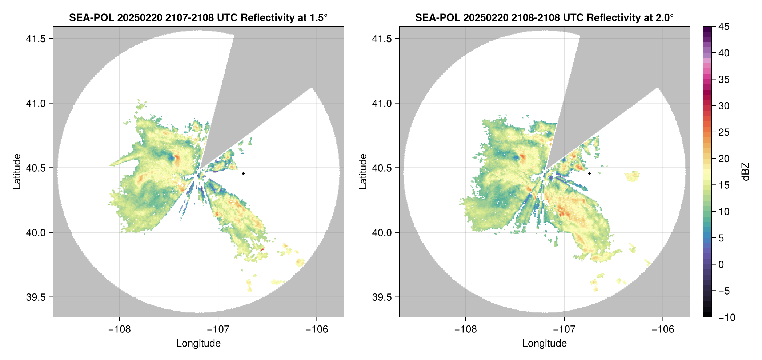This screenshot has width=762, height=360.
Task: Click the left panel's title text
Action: coord(198,17)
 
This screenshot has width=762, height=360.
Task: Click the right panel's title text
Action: coord(544,17)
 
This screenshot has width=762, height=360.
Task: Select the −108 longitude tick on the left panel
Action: coord(119,329)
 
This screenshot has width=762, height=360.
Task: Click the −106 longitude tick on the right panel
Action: coord(663,329)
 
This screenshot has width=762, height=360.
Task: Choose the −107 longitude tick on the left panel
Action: coord(218,329)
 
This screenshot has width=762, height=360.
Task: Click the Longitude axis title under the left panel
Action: coord(198,343)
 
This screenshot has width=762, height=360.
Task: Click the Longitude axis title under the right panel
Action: coord(544,343)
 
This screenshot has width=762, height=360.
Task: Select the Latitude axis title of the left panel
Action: coord(17,171)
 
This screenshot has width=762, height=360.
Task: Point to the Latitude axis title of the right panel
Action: coord(363,171)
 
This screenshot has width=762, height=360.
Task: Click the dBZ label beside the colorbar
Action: coord(746,171)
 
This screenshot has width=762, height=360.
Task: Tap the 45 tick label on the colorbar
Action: coord(724,27)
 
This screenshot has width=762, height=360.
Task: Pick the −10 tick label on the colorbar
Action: coord(727,317)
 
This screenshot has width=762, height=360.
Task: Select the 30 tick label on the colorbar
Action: coord(724,106)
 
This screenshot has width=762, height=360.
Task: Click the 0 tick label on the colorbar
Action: coord(721,264)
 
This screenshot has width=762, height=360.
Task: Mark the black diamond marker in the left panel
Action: coord(243,173)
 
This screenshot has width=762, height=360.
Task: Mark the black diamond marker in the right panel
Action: coord(589,173)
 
